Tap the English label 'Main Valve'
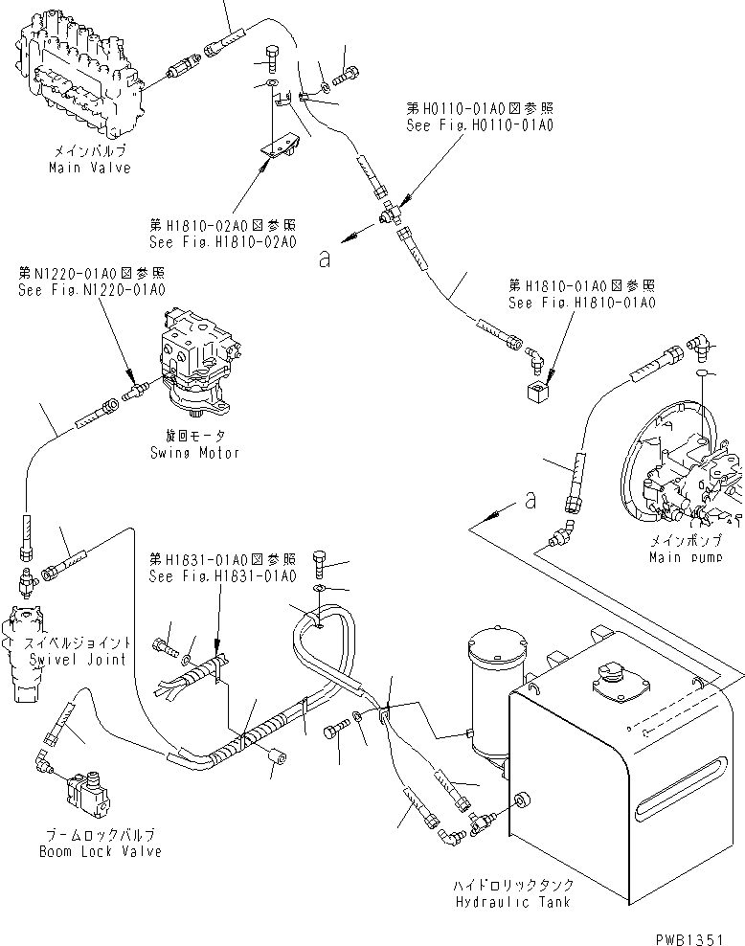coord(90,168)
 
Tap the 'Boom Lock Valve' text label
coord(101,851)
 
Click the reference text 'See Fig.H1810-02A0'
coord(223,242)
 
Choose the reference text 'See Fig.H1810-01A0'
coord(582,302)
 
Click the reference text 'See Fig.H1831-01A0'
coord(222,575)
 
